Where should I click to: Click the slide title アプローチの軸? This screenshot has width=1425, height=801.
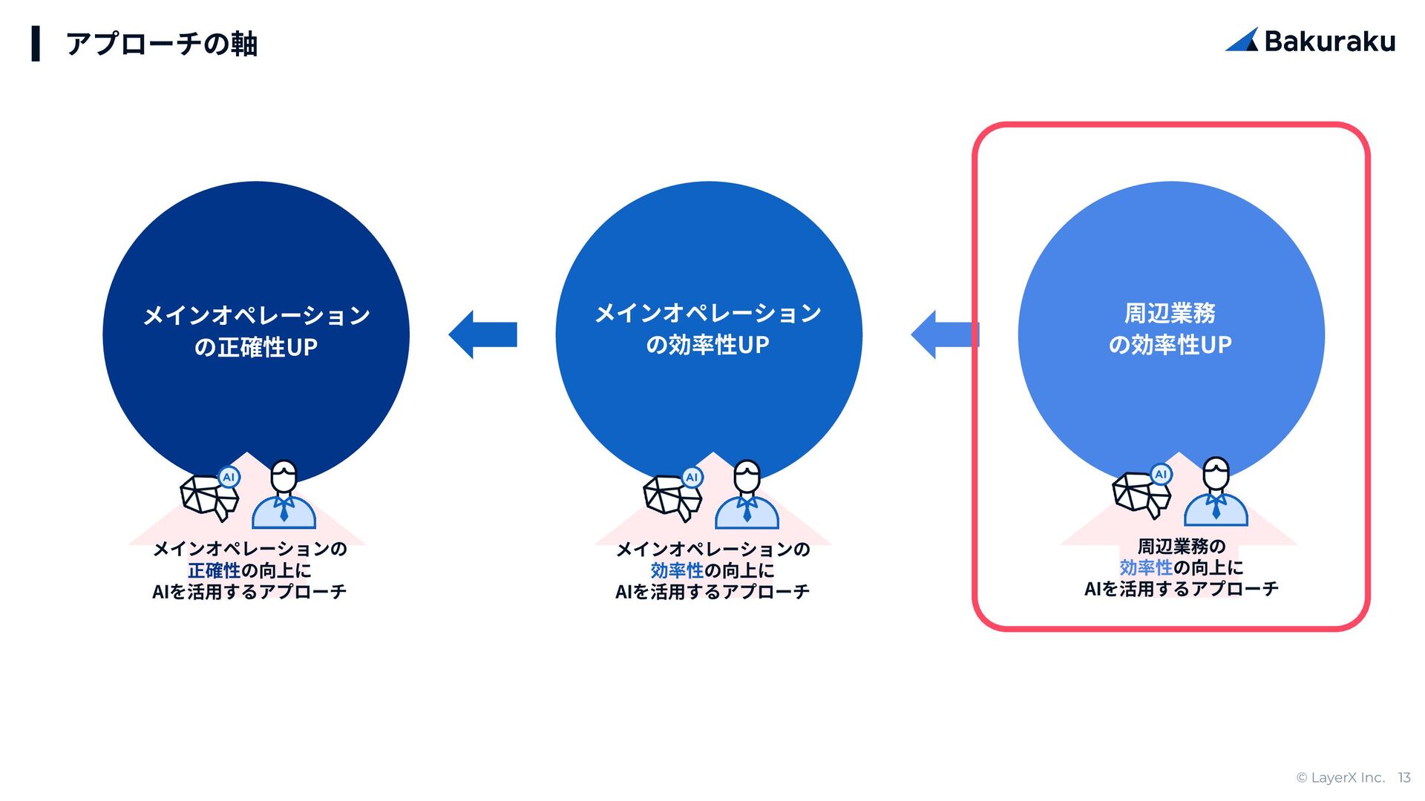161,44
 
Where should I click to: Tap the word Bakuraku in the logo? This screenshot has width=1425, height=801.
1329,42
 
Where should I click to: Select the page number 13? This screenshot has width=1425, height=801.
1403,777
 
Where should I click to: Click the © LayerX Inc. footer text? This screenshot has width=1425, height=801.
1340,777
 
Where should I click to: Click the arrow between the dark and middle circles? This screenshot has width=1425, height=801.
483,334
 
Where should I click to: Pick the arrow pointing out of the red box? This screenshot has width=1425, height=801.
944,334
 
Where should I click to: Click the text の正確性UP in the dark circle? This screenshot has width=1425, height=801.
256,347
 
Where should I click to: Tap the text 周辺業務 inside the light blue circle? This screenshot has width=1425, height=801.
1170,313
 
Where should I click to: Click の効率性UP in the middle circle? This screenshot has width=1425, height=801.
708,345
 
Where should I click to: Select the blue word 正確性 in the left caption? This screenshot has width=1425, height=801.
214,570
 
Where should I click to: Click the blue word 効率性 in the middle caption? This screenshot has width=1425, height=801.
677,570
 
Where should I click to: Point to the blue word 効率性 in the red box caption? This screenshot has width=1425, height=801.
1146,567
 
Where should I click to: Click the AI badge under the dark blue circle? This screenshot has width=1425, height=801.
229,477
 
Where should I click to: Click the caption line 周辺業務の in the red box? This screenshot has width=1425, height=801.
1182,547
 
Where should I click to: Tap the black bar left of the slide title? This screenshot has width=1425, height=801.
36,44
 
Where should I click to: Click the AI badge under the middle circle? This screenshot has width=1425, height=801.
692,477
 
